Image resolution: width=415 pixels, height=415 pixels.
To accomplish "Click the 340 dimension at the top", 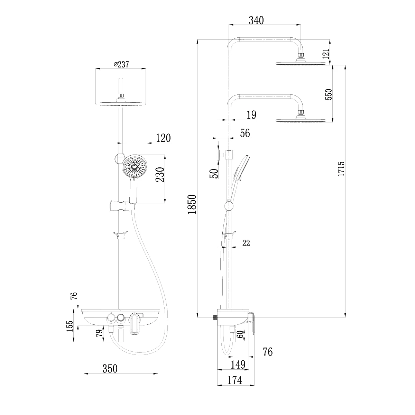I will [x=256, y=20].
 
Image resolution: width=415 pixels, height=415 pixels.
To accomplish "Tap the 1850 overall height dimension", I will [x=192, y=204].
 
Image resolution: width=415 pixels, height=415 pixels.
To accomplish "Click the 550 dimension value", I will [x=328, y=94].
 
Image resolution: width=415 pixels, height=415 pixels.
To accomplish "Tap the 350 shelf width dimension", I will [x=110, y=369].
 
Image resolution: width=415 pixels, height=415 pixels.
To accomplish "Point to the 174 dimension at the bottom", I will [x=234, y=380].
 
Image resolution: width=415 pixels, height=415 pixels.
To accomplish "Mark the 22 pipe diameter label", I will [x=246, y=243].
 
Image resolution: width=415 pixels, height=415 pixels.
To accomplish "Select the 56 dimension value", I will [x=245, y=133].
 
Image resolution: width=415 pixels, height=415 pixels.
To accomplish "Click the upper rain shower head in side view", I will [x=301, y=63].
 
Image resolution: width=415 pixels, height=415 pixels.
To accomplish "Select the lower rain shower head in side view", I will [x=301, y=120].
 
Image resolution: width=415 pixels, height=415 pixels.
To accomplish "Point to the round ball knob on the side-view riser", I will [x=228, y=206].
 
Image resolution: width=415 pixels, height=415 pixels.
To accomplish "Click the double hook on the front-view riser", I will [x=120, y=234].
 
